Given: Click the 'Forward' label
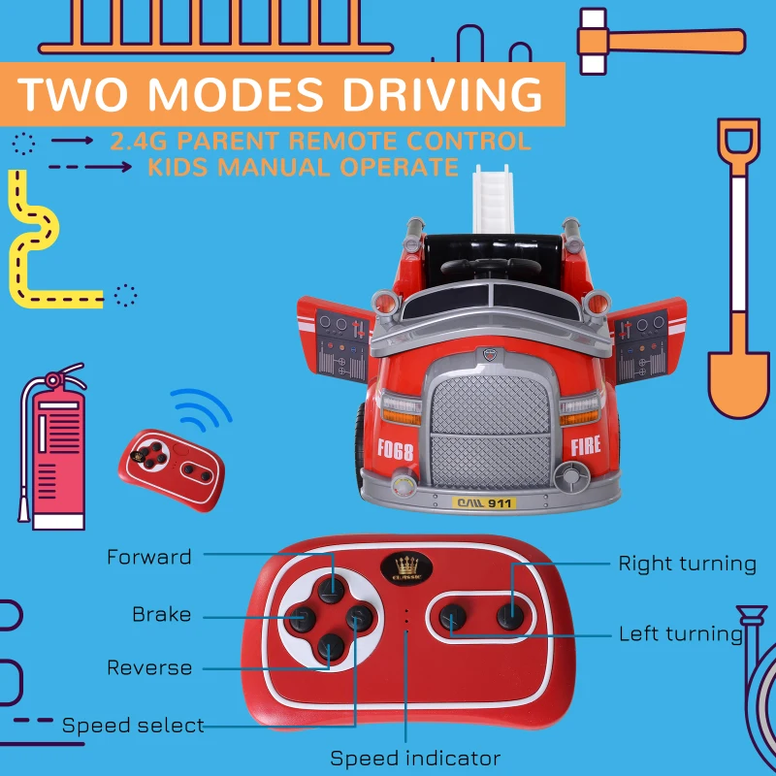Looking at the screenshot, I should click(x=148, y=557).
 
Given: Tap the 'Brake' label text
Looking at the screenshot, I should click(x=161, y=615).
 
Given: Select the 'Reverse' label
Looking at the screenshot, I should click(x=149, y=667).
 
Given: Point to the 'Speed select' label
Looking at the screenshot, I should click(x=133, y=725).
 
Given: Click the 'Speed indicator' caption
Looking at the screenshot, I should click(x=415, y=758).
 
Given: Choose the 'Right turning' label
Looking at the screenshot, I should click(x=687, y=564).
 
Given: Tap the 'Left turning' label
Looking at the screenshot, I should click(x=680, y=634).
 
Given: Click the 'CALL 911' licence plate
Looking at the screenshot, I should click(x=482, y=502).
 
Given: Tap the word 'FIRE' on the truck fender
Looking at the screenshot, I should click(x=586, y=447).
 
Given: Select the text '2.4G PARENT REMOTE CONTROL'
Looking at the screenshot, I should click(x=320, y=142).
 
